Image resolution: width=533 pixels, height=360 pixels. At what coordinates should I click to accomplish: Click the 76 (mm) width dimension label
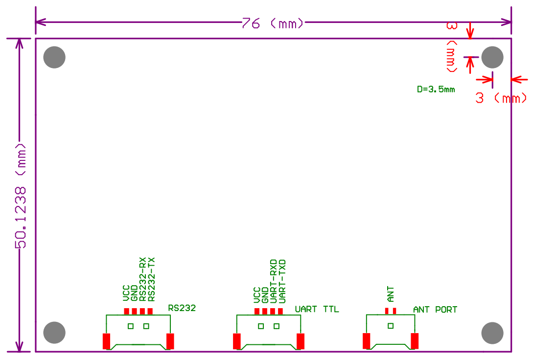click(x=273, y=23)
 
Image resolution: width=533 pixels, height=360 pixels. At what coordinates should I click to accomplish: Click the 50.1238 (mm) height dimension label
click(x=21, y=196)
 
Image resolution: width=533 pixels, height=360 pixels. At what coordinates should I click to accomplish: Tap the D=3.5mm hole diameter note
click(x=436, y=90)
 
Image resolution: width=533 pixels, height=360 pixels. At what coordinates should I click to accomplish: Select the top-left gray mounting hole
click(x=54, y=57)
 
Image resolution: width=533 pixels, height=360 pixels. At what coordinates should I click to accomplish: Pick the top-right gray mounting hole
click(x=492, y=57)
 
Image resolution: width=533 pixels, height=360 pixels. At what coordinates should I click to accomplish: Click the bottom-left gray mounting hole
click(x=54, y=333)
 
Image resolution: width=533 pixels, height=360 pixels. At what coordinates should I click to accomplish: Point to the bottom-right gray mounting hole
click(x=492, y=333)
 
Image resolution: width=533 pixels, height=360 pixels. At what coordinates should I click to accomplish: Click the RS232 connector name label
click(x=182, y=308)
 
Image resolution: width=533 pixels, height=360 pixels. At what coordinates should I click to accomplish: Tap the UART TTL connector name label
click(x=317, y=309)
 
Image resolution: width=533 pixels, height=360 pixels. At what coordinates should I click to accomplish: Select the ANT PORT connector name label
click(x=435, y=310)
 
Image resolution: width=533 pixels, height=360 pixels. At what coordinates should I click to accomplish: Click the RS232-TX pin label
click(x=152, y=279)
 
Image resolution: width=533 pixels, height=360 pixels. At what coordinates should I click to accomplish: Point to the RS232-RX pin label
click(x=143, y=279)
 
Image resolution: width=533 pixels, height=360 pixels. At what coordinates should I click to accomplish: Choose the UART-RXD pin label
click(x=274, y=282)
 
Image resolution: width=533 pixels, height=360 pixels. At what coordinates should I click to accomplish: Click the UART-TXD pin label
click(x=282, y=282)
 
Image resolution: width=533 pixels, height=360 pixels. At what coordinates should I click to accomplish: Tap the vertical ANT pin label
click(x=391, y=294)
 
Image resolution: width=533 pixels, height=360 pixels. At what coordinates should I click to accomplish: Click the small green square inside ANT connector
click(x=391, y=326)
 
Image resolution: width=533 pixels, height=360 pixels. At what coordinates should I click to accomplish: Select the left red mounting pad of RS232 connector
click(x=106, y=341)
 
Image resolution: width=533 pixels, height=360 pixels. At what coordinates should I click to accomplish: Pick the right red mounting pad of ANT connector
click(x=415, y=341)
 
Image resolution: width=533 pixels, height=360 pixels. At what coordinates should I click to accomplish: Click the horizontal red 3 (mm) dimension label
click(x=501, y=98)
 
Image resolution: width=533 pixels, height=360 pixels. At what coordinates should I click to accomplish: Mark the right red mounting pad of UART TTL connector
click(x=301, y=341)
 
